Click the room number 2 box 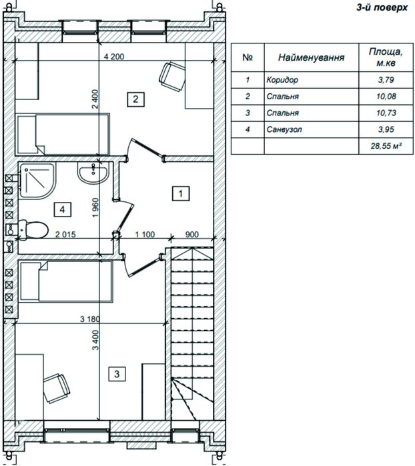[x=135, y=99]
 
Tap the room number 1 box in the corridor [x=181, y=193]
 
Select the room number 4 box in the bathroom [x=62, y=209]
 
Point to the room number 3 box [x=117, y=374]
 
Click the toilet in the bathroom [x=33, y=229]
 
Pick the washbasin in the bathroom [x=93, y=173]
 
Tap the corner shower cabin [x=37, y=181]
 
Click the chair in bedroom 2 [x=173, y=77]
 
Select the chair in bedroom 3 [x=57, y=388]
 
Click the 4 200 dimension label [x=114, y=57]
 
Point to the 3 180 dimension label [x=90, y=319]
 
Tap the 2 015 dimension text [x=65, y=235]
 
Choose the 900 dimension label [x=192, y=235]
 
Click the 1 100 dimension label [x=145, y=235]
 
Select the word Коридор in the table [x=282, y=80]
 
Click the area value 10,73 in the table [x=386, y=113]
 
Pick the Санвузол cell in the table [x=284, y=129]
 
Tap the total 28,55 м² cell [x=386, y=146]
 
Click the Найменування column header [x=311, y=57]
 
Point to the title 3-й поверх [x=382, y=7]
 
